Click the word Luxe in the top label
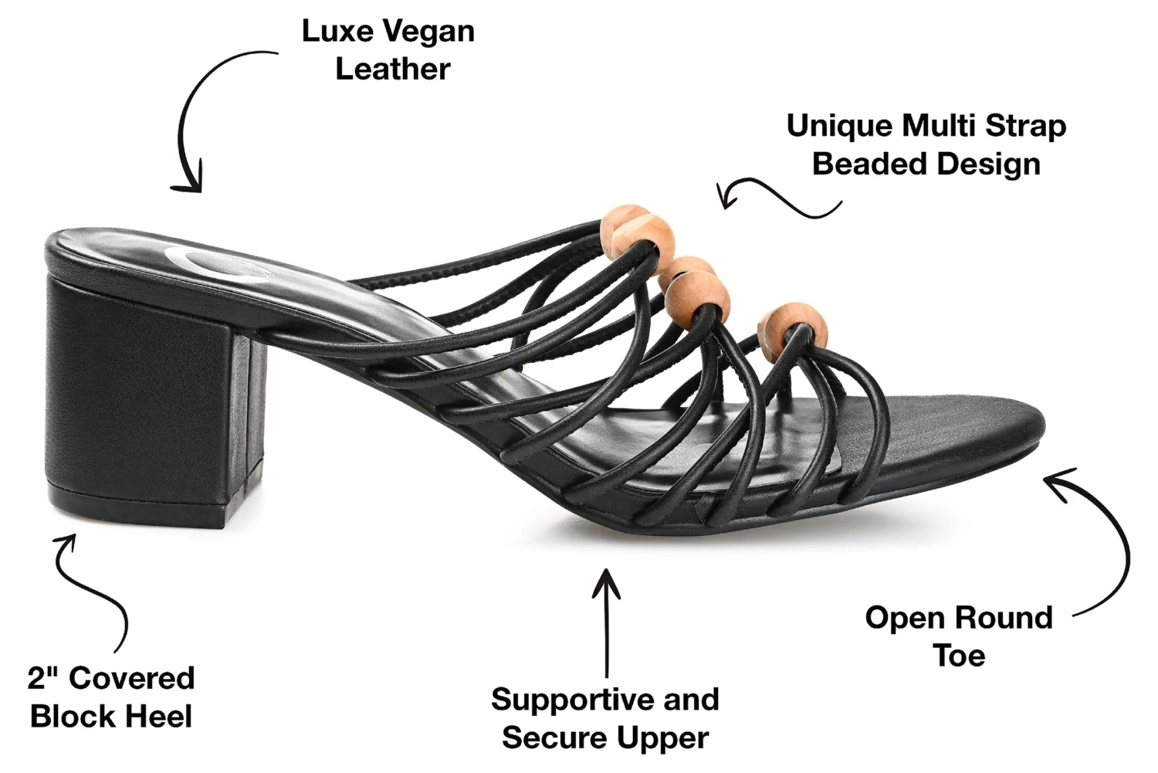click(331, 32)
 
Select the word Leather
click(392, 70)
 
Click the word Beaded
click(864, 164)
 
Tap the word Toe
click(959, 656)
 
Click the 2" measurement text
click(43, 679)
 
